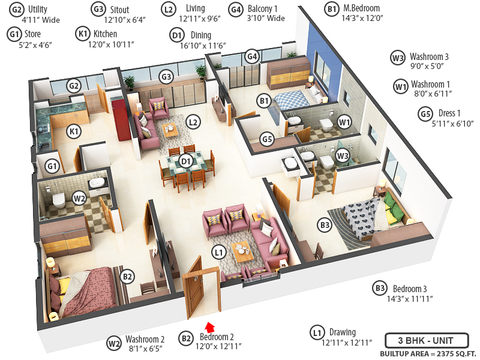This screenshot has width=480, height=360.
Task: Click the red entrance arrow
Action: click(x=209, y=327)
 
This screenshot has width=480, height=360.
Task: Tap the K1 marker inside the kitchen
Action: click(x=75, y=131)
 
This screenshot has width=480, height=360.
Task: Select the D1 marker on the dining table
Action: click(x=185, y=160)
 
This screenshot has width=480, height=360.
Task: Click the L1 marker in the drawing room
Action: click(x=218, y=253)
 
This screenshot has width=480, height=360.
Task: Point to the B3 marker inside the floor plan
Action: click(x=325, y=225)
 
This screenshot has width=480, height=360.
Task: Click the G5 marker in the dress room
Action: click(x=268, y=140)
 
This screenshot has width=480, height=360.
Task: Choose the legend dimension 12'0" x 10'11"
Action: click(x=111, y=44)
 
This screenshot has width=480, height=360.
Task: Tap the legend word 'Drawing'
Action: click(x=342, y=332)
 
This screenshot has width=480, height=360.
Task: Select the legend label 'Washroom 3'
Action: click(x=430, y=58)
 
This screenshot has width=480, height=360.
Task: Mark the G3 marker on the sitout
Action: click(x=166, y=77)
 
